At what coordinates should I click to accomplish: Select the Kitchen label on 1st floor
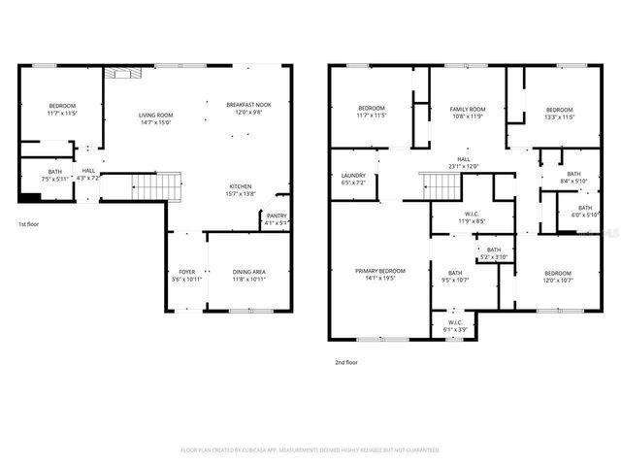(241, 189)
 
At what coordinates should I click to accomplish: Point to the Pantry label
(277, 219)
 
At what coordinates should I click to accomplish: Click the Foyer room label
(186, 275)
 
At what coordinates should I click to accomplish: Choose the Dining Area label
(249, 275)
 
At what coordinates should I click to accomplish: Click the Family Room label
(467, 113)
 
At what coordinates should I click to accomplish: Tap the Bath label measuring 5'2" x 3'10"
(493, 252)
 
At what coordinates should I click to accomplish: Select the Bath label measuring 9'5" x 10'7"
(455, 277)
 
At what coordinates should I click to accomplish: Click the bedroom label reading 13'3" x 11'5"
(559, 113)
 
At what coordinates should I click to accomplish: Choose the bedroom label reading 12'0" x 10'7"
(558, 276)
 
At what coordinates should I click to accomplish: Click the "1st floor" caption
(28, 224)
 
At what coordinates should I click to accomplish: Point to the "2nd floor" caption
(346, 361)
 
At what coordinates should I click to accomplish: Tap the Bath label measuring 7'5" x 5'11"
(55, 175)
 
